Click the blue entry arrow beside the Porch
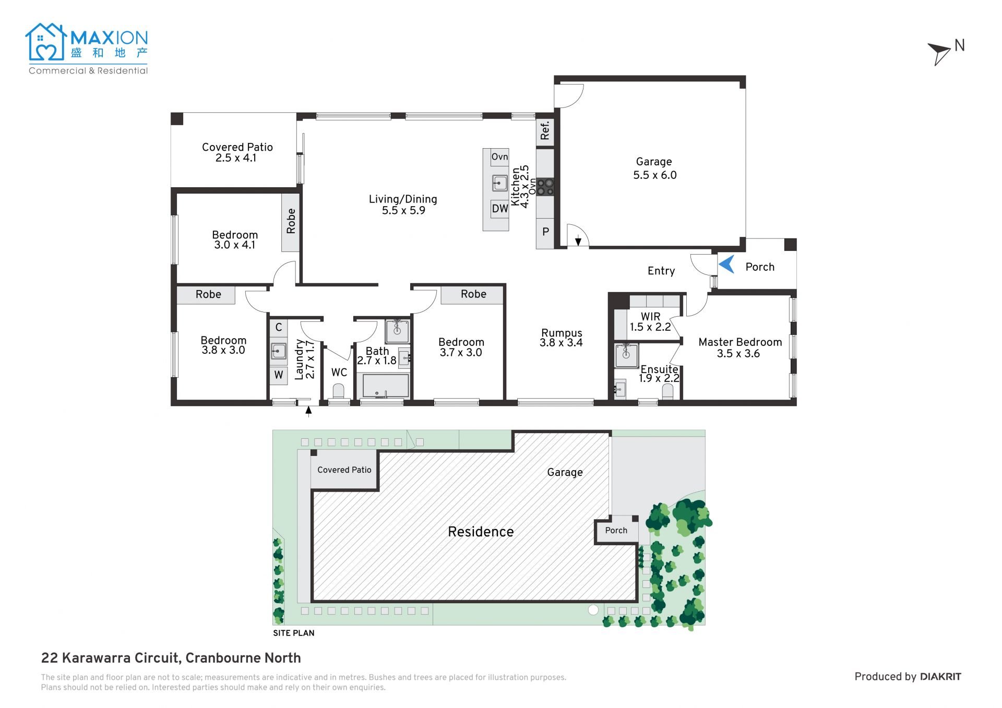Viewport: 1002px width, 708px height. tap(727, 265)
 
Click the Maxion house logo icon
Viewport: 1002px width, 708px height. tap(46, 42)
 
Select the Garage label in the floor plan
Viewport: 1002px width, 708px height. tap(654, 162)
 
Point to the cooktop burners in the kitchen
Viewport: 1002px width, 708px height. tap(545, 187)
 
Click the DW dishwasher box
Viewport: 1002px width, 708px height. tap(499, 209)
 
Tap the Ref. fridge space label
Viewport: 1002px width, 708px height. tap(545, 130)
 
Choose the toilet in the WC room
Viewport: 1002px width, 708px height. tap(339, 391)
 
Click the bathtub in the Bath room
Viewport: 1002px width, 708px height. tap(386, 386)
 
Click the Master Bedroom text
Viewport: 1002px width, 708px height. tap(740, 342)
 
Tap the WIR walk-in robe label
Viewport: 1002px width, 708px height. tap(650, 317)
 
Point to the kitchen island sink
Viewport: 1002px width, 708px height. tap(499, 183)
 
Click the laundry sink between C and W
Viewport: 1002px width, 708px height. tap(278, 351)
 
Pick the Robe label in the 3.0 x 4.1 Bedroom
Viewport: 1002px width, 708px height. tap(291, 221)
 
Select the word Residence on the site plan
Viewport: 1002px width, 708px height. tap(481, 532)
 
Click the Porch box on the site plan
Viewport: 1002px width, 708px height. tap(616, 531)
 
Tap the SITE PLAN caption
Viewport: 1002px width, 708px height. tap(294, 633)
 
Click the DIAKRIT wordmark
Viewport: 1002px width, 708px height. tap(940, 677)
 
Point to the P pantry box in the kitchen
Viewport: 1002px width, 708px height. tap(545, 232)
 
